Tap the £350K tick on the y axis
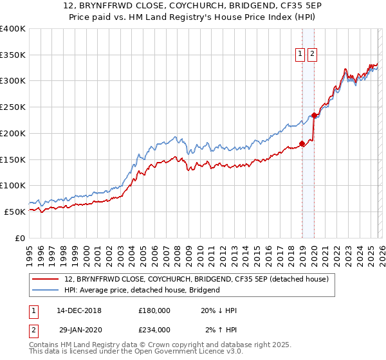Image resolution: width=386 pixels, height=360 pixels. click(x=13, y=55)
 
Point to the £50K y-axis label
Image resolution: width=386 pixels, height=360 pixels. click(x=15, y=212)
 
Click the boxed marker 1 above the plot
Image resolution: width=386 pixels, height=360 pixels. click(x=300, y=55)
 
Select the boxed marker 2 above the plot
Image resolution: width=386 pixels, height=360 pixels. click(x=312, y=55)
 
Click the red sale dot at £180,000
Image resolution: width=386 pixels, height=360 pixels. click(x=302, y=144)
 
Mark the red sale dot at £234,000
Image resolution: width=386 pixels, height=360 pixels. click(x=315, y=116)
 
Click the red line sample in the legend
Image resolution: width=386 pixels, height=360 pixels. click(x=46, y=280)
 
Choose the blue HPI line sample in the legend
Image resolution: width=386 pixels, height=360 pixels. click(x=46, y=291)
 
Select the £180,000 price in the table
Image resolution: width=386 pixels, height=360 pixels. click(x=154, y=310)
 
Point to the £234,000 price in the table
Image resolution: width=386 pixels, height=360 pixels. click(x=154, y=330)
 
